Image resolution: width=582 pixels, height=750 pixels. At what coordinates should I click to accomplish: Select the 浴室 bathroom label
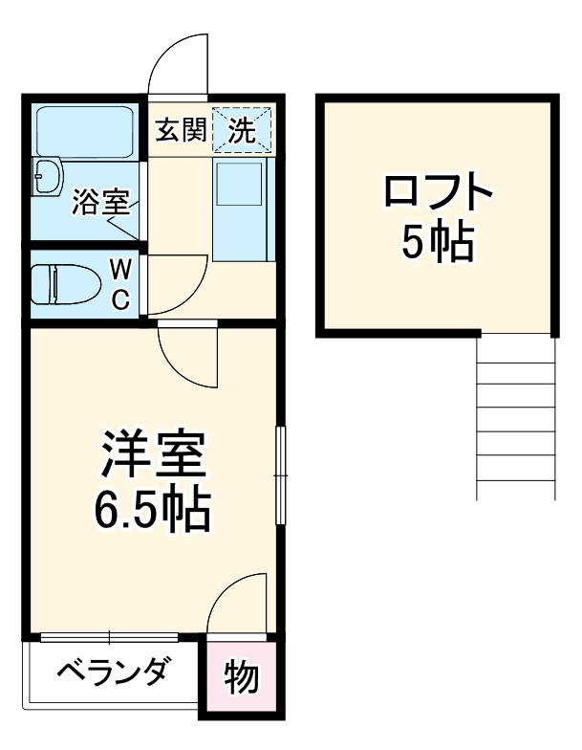click(x=100, y=203)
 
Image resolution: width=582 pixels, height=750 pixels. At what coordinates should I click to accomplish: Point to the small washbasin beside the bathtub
click(x=45, y=177)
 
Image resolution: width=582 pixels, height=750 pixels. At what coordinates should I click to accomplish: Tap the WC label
click(x=121, y=283)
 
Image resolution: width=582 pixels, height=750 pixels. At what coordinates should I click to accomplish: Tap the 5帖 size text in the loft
click(x=439, y=243)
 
